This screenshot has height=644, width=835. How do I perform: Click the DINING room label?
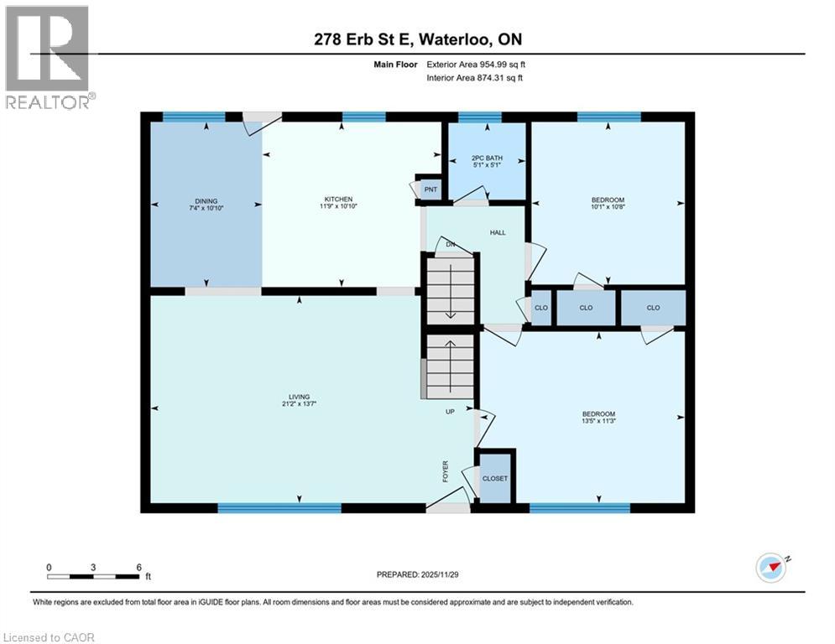pyautogui.click(x=206, y=200)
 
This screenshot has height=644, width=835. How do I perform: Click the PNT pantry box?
pyautogui.click(x=430, y=190)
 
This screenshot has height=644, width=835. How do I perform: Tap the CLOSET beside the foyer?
pyautogui.click(x=493, y=478)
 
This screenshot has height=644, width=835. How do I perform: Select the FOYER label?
pyautogui.click(x=446, y=472)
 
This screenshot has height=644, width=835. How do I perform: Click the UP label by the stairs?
pyautogui.click(x=450, y=412)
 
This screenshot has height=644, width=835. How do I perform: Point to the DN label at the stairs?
pyautogui.click(x=451, y=244)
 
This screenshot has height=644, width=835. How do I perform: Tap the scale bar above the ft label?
pyautogui.click(x=94, y=576)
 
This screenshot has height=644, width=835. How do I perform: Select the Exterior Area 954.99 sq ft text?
pyautogui.click(x=477, y=64)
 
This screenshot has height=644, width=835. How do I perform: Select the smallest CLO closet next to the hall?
pyautogui.click(x=541, y=308)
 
